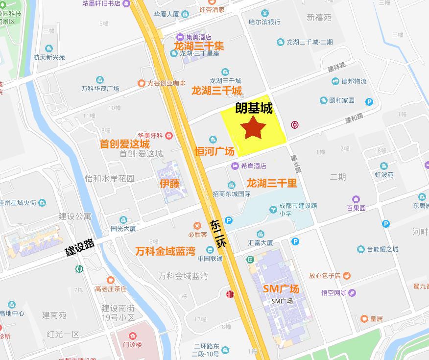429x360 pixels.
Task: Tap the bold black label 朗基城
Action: point(254,108)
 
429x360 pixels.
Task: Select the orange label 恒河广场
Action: point(214,151)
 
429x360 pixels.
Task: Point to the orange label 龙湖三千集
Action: point(198,47)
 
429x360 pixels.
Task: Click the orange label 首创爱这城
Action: point(124,144)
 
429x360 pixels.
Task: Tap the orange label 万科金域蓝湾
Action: point(165,251)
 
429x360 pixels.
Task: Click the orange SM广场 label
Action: point(281,289)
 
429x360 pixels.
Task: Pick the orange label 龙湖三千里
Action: point(271,183)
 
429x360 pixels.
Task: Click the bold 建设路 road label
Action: point(80,246)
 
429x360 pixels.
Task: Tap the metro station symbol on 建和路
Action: point(295,124)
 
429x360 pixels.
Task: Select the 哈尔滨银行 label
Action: point(264,22)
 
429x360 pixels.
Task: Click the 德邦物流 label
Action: point(354,81)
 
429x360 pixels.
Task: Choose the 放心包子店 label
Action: point(325,276)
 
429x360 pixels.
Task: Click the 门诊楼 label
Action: point(132,344)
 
